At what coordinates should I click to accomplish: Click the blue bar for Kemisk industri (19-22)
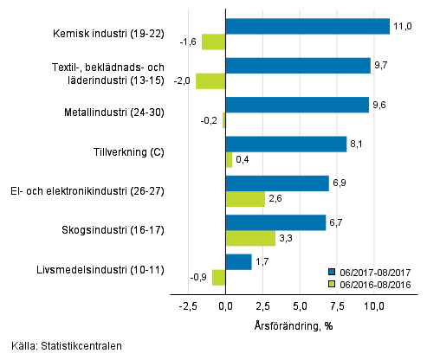point(307,26)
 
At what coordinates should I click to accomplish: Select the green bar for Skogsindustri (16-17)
point(250,238)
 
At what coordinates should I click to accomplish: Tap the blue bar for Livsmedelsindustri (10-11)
point(238,261)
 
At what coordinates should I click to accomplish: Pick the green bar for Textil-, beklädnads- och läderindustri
point(210,81)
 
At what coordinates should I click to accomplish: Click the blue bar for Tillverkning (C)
point(286,144)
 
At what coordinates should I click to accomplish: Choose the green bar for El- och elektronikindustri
point(245,199)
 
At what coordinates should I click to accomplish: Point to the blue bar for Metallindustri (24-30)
point(297,105)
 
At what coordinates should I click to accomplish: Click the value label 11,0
point(401,27)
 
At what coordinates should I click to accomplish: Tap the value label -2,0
point(183,80)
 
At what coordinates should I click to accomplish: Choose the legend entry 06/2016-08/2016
point(374,283)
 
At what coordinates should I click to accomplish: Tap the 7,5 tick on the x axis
point(337,305)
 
